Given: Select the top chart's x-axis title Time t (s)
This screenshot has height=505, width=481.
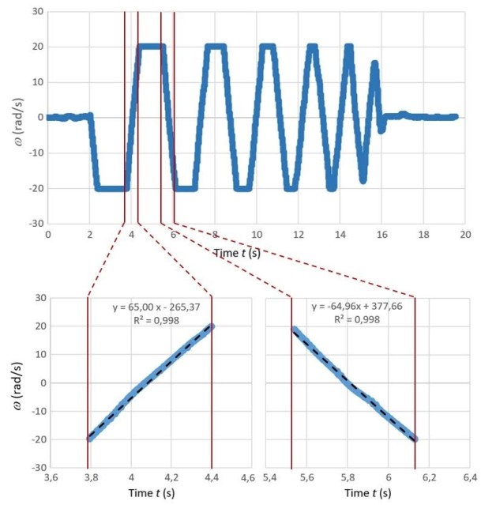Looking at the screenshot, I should click(238, 253).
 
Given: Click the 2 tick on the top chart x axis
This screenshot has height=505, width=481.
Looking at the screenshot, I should click(89, 236).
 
